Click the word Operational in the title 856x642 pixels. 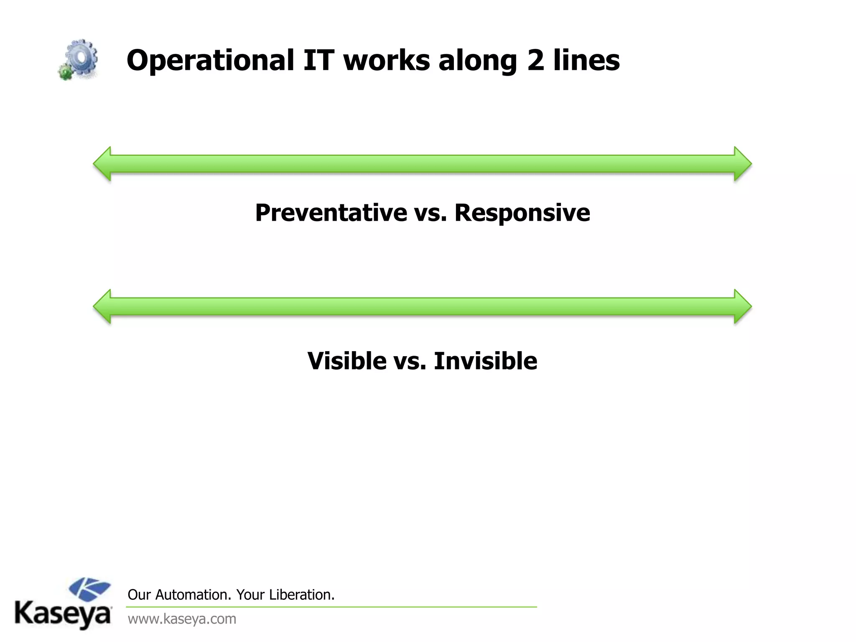point(210,61)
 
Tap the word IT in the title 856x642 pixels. point(318,60)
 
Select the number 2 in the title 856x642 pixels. point(535,60)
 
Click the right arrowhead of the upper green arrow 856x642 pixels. point(742,164)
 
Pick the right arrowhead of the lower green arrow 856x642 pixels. point(742,306)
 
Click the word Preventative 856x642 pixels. point(331,213)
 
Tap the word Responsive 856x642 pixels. point(522,213)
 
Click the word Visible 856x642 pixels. point(347,361)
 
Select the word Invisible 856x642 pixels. point(485,361)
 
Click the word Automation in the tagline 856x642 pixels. point(192,595)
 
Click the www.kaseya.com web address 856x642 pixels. point(182,619)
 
